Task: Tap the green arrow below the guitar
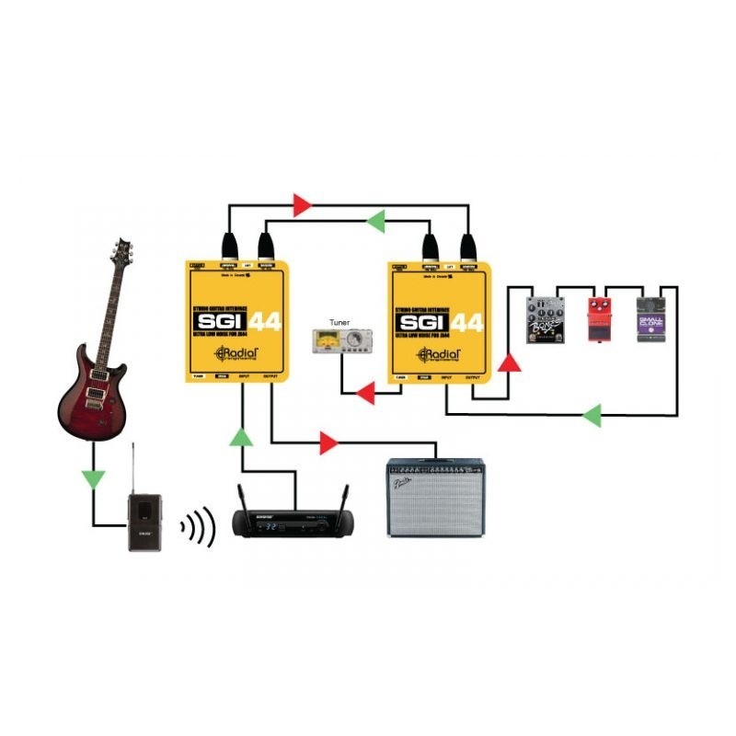point(93,478)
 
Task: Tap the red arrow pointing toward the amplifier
point(327,444)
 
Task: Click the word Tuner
point(339,323)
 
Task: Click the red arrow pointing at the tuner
point(365,396)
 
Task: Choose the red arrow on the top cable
point(302,205)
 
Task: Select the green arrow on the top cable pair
point(375,221)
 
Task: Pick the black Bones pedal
point(544,320)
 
